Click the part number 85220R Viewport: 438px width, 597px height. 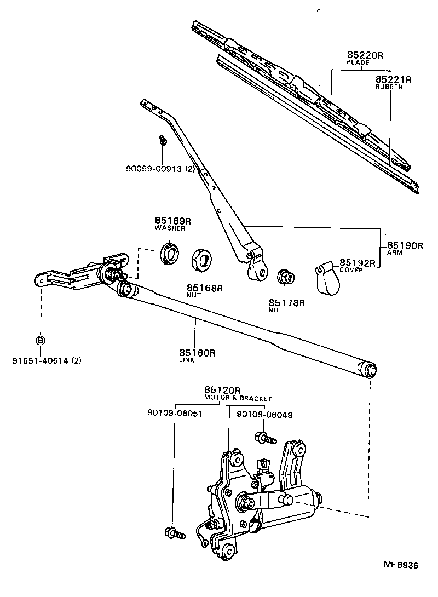pos(366,55)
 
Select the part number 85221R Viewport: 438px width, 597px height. pos(393,80)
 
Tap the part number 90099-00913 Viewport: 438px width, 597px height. pos(153,169)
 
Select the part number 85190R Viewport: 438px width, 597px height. pos(405,246)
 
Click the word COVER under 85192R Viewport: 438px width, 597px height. pos(351,270)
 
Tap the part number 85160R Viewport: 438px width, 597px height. pos(197,353)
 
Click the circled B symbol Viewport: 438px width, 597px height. pos(40,340)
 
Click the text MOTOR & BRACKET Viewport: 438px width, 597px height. pos(238,399)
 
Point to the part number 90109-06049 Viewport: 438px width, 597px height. pos(264,415)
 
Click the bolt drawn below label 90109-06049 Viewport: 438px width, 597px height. pos(266,438)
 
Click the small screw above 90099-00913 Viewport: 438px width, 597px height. pos(163,140)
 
